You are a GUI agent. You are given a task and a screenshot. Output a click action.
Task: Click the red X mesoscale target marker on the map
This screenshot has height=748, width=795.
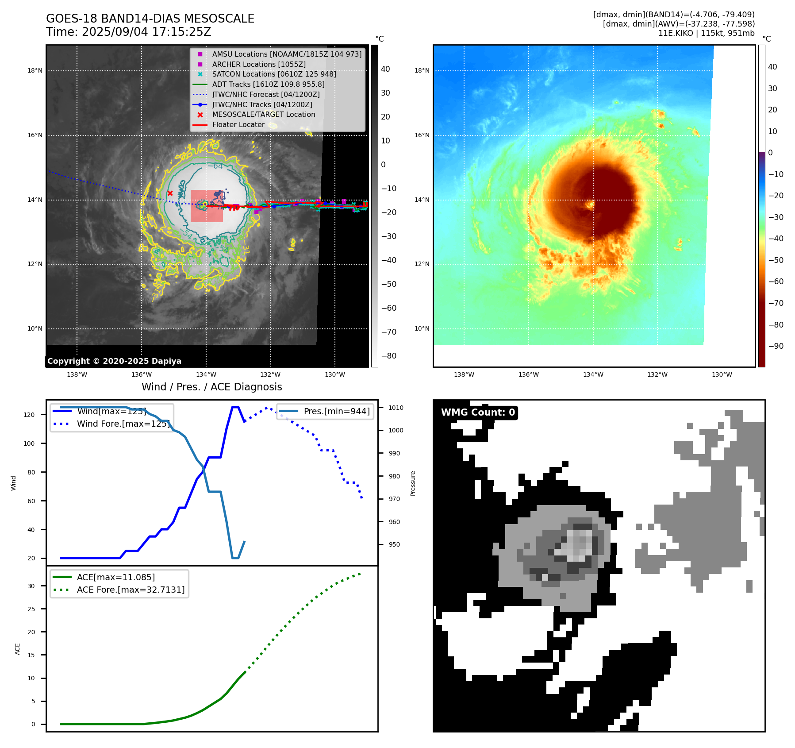170,193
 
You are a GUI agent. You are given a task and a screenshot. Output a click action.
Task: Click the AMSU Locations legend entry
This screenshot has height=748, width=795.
286,54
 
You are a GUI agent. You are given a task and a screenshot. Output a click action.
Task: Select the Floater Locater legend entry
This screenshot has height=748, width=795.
238,125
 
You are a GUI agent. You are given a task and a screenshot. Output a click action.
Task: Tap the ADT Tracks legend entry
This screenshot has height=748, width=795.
268,84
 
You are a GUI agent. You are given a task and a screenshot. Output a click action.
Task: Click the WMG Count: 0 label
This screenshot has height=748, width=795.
478,413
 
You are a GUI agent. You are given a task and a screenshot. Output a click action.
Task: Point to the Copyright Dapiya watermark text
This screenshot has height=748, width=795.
114,361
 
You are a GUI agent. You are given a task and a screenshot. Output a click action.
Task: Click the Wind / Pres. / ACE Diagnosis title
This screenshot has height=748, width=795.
211,387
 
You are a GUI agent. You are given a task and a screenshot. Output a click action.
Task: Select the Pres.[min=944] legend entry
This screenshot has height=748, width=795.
336,411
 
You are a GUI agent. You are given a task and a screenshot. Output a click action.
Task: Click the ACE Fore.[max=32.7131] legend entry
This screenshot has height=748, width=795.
131,590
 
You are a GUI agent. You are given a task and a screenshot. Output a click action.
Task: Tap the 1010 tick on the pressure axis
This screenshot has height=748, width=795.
396,408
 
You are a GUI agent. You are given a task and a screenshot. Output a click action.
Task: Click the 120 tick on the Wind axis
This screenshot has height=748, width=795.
29,415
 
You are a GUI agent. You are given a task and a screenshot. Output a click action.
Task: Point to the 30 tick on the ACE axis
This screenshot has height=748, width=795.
31,586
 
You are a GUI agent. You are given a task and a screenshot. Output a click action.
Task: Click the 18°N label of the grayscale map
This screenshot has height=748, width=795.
35,71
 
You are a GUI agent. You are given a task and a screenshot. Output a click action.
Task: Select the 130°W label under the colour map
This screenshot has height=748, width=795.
722,375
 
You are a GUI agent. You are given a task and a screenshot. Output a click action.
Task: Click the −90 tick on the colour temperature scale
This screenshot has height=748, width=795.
776,346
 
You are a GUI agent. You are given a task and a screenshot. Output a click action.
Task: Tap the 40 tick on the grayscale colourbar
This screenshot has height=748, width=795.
385,69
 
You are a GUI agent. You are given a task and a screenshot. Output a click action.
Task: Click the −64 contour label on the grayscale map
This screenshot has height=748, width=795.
215,166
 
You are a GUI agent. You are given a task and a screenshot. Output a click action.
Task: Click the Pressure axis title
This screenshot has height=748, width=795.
413,483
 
